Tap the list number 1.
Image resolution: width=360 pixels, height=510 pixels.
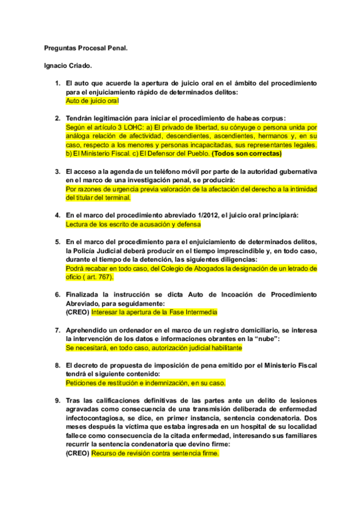coord(57,82)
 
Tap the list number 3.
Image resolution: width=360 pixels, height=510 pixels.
coord(57,171)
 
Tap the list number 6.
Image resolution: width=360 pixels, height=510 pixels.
coord(57,295)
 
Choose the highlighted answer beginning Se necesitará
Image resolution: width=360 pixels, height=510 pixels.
coord(154,348)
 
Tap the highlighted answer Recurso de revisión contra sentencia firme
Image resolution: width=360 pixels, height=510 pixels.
coord(155,453)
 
